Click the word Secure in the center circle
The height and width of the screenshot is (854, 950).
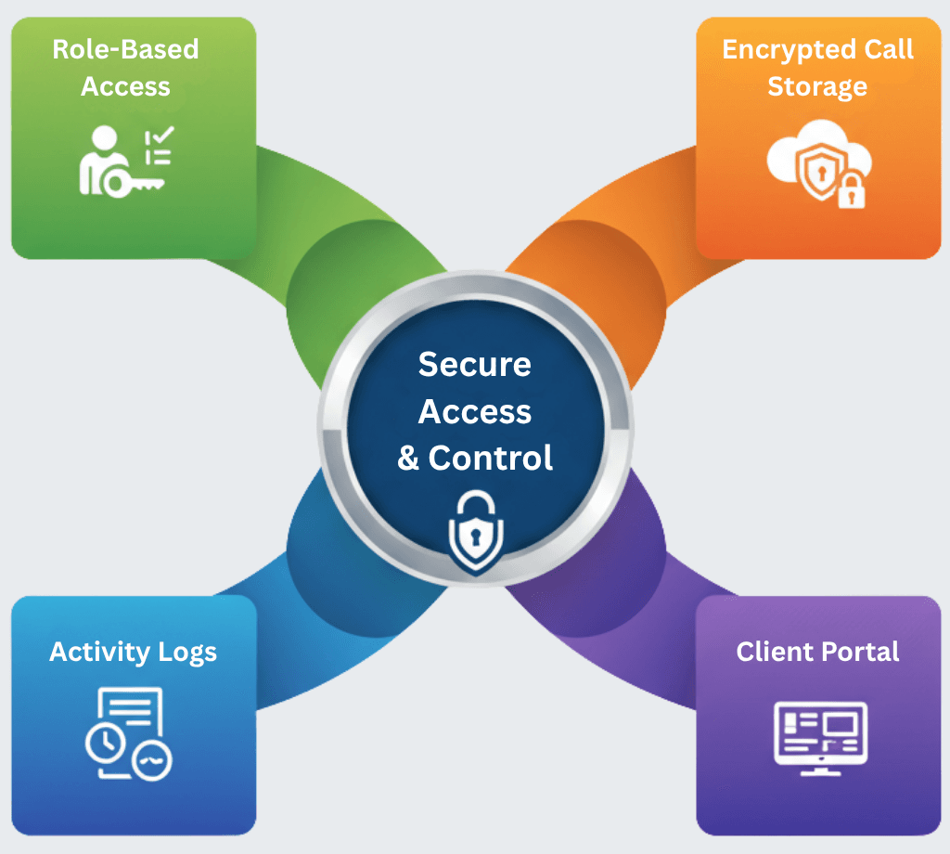474,364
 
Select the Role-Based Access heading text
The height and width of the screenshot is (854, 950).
125,67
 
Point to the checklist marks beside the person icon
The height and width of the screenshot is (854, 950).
159,149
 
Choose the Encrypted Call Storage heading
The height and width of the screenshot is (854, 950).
817,67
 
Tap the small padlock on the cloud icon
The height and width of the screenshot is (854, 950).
851,193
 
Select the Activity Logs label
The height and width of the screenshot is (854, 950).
133,652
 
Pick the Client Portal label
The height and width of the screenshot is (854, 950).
817,652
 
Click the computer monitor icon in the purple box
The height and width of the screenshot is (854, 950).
820,733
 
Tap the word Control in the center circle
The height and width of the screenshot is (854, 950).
491,458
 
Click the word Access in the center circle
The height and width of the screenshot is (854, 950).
474,411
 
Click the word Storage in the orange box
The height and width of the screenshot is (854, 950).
817,86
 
